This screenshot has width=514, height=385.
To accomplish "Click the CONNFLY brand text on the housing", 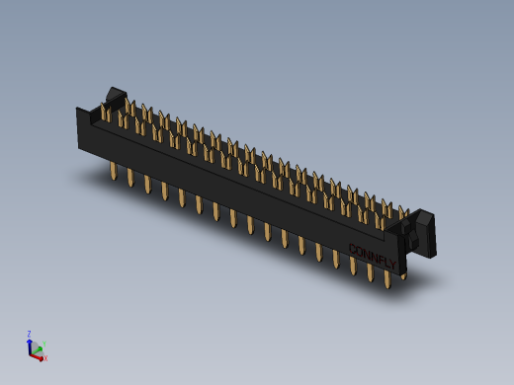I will (x=373, y=256).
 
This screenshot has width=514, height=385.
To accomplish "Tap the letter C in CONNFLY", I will (x=352, y=248).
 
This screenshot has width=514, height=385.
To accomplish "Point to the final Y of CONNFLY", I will (x=392, y=265).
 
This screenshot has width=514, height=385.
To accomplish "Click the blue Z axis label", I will (x=29, y=334).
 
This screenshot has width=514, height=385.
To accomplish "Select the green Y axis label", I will (x=44, y=344).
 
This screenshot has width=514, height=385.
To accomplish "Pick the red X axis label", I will (x=44, y=358).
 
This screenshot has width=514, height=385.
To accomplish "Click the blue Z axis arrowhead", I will (x=30, y=341).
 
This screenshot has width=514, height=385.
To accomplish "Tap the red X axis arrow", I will (x=39, y=355).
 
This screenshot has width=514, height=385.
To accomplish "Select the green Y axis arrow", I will (x=39, y=346).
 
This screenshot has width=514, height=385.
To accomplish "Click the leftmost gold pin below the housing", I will (x=113, y=172).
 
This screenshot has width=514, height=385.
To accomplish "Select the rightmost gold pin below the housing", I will (x=387, y=280).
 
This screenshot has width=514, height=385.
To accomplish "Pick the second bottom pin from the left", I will (x=129, y=179).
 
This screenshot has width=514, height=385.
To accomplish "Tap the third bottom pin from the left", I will (x=147, y=185).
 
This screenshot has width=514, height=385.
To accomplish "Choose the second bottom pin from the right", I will (x=370, y=272).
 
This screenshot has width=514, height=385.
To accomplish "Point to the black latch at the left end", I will (x=115, y=97).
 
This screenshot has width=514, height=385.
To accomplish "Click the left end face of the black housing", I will (x=83, y=130).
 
